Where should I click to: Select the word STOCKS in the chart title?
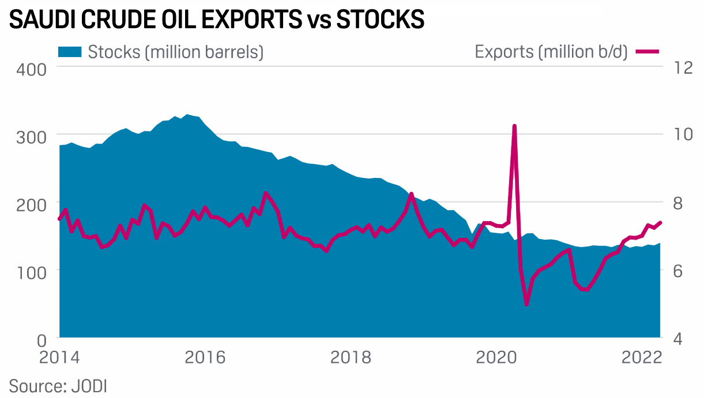click(380, 20)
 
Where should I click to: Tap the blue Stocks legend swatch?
click(70, 52)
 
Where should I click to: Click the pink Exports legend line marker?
click(647, 52)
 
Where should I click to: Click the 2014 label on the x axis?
click(59, 357)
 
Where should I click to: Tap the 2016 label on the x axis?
click(205, 357)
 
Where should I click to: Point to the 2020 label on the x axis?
click(496, 357)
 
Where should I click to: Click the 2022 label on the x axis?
click(641, 357)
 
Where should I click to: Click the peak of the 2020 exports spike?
click(514, 126)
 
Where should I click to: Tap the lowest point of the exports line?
click(526, 304)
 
